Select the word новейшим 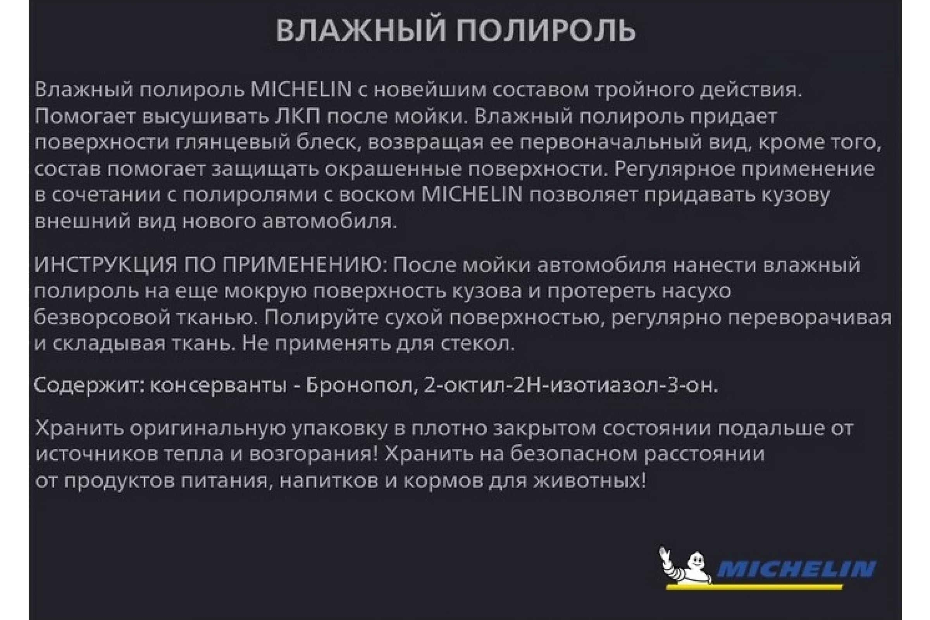429,90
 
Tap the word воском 377,195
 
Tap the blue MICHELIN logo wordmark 796,570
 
